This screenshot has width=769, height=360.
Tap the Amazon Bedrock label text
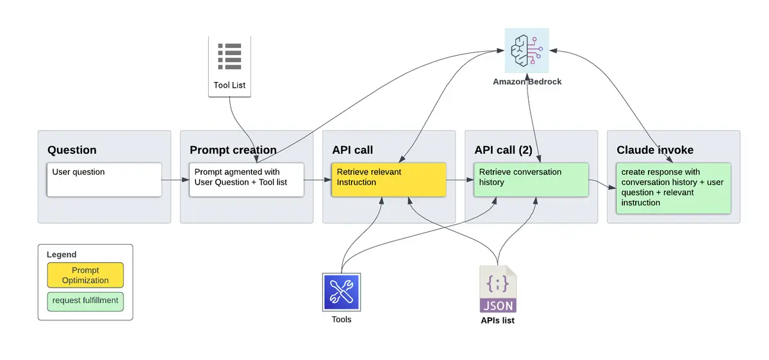pyautogui.click(x=527, y=81)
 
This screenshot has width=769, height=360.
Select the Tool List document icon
pyautogui.click(x=229, y=58)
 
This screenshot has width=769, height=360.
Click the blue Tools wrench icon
pyautogui.click(x=342, y=292)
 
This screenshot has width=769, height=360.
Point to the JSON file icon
pyautogui.click(x=497, y=289)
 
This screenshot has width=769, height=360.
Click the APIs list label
pyautogui.click(x=497, y=320)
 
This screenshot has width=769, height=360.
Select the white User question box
pyautogui.click(x=104, y=179)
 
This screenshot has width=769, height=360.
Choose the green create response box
pyautogui.click(x=673, y=188)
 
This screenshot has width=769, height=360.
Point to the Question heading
pyautogui.click(x=72, y=150)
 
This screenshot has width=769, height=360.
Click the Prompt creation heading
pyautogui.click(x=233, y=150)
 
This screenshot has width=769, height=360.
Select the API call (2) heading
pyautogui.click(x=503, y=150)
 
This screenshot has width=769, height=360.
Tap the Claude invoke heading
pyautogui.click(x=655, y=150)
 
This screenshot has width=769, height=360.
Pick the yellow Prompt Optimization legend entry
pyautogui.click(x=85, y=275)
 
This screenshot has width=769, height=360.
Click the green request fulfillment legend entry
pyautogui.click(x=85, y=300)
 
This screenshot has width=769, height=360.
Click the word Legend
pyautogui.click(x=62, y=254)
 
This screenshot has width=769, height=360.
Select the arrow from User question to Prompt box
pyautogui.click(x=175, y=180)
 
